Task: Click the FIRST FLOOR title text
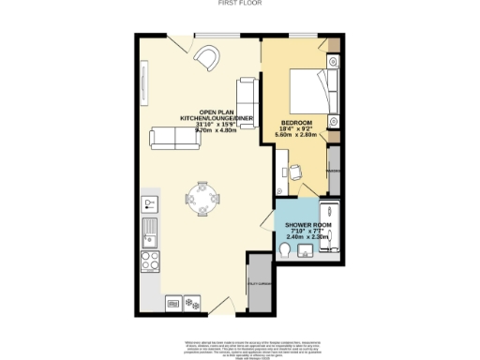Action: (x=239, y=4)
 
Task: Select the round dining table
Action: (x=203, y=197)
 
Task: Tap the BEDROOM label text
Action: (x=298, y=124)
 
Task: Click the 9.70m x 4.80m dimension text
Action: (x=217, y=132)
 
